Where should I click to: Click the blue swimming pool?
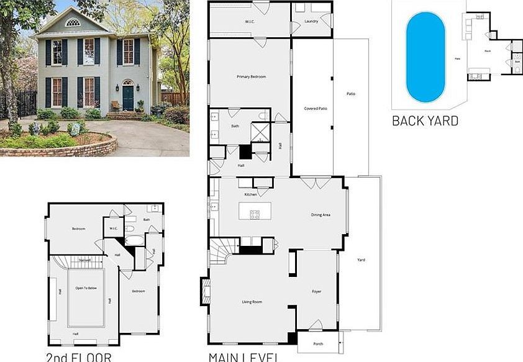[x=425, y=57]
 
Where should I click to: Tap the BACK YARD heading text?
[x=425, y=120]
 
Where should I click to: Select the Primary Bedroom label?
[x=251, y=76]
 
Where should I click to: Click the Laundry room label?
[x=311, y=22]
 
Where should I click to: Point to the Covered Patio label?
[x=315, y=109]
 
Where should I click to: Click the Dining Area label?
[x=321, y=215]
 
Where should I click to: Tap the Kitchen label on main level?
[x=250, y=195]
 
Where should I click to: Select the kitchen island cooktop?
[x=255, y=214]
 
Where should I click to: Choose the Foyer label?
[x=316, y=291]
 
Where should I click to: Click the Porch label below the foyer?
[x=318, y=343]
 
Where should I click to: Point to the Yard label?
[x=361, y=260]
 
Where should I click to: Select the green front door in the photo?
[x=127, y=98]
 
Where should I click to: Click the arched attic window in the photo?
[x=73, y=22]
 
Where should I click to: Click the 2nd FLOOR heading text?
[x=78, y=357]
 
